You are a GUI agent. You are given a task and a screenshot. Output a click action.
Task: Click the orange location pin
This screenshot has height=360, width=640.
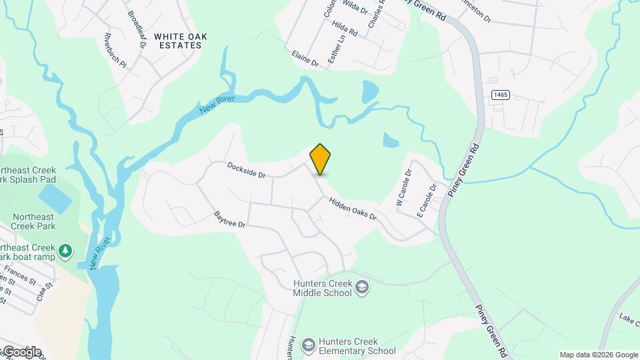point(321,159)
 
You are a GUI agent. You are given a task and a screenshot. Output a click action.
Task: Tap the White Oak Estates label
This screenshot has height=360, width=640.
point(178,41)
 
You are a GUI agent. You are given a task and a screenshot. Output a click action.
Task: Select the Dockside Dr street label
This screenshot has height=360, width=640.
point(246,170)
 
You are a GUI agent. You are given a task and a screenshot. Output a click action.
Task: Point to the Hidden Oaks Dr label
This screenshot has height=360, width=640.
point(352,208)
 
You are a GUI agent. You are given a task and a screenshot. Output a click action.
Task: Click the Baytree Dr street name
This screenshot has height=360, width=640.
point(231,220)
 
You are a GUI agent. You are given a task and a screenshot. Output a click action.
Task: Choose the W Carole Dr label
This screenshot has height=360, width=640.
point(404,187)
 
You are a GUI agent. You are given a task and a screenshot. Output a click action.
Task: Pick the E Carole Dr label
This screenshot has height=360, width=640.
point(426,200)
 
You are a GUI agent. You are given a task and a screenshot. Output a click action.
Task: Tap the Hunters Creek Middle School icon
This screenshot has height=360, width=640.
point(362,287)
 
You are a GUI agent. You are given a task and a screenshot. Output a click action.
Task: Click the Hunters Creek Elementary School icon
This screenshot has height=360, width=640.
point(308,345)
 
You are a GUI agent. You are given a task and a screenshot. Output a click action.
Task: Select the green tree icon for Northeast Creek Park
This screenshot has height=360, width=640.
point(65,251)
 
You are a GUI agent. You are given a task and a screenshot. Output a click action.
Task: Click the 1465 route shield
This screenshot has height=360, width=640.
point(501,95)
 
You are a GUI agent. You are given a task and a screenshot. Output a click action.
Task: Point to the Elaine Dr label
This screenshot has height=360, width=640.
point(305,59)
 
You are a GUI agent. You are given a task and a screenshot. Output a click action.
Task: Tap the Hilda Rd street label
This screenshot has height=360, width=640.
point(345,27)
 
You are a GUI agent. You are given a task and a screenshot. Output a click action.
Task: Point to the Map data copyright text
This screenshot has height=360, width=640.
point(599,355)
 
